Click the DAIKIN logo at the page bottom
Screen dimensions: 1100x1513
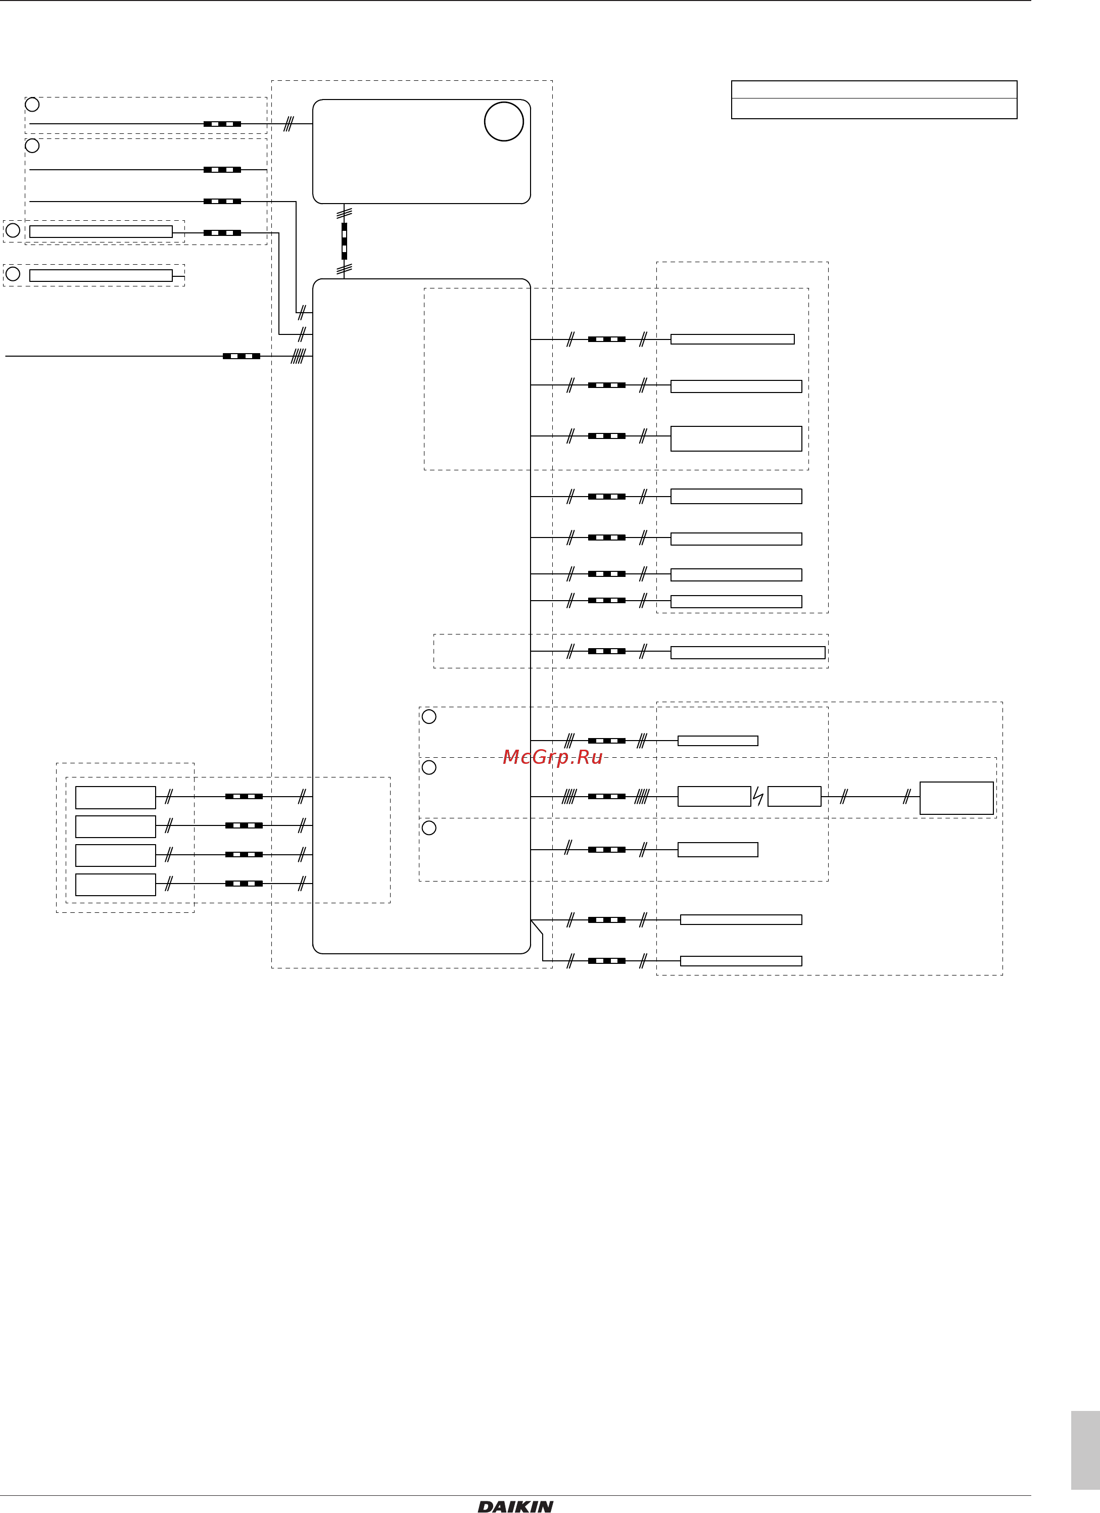click(x=515, y=1506)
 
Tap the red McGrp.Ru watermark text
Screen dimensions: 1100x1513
click(x=552, y=757)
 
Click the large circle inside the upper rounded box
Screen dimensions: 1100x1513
click(x=504, y=121)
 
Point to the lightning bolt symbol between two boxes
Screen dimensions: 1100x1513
click(x=758, y=797)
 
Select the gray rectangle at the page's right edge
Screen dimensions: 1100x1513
click(x=1085, y=1450)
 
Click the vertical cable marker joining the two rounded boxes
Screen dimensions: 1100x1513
click(x=344, y=241)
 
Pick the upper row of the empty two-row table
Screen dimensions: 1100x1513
click(x=874, y=90)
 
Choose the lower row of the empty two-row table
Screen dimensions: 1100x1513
click(x=874, y=109)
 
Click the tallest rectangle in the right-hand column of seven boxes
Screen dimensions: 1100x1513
click(x=736, y=439)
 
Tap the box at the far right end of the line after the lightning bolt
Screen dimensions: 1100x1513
click(x=956, y=798)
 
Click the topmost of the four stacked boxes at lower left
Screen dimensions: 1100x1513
click(x=115, y=798)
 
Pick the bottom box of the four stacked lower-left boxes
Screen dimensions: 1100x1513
click(x=115, y=885)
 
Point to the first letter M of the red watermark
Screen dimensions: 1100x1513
click(x=510, y=757)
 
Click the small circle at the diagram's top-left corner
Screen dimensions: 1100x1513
click(x=32, y=105)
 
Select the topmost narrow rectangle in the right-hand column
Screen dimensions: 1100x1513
click(x=733, y=339)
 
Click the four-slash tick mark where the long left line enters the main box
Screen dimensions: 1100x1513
click(x=298, y=356)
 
